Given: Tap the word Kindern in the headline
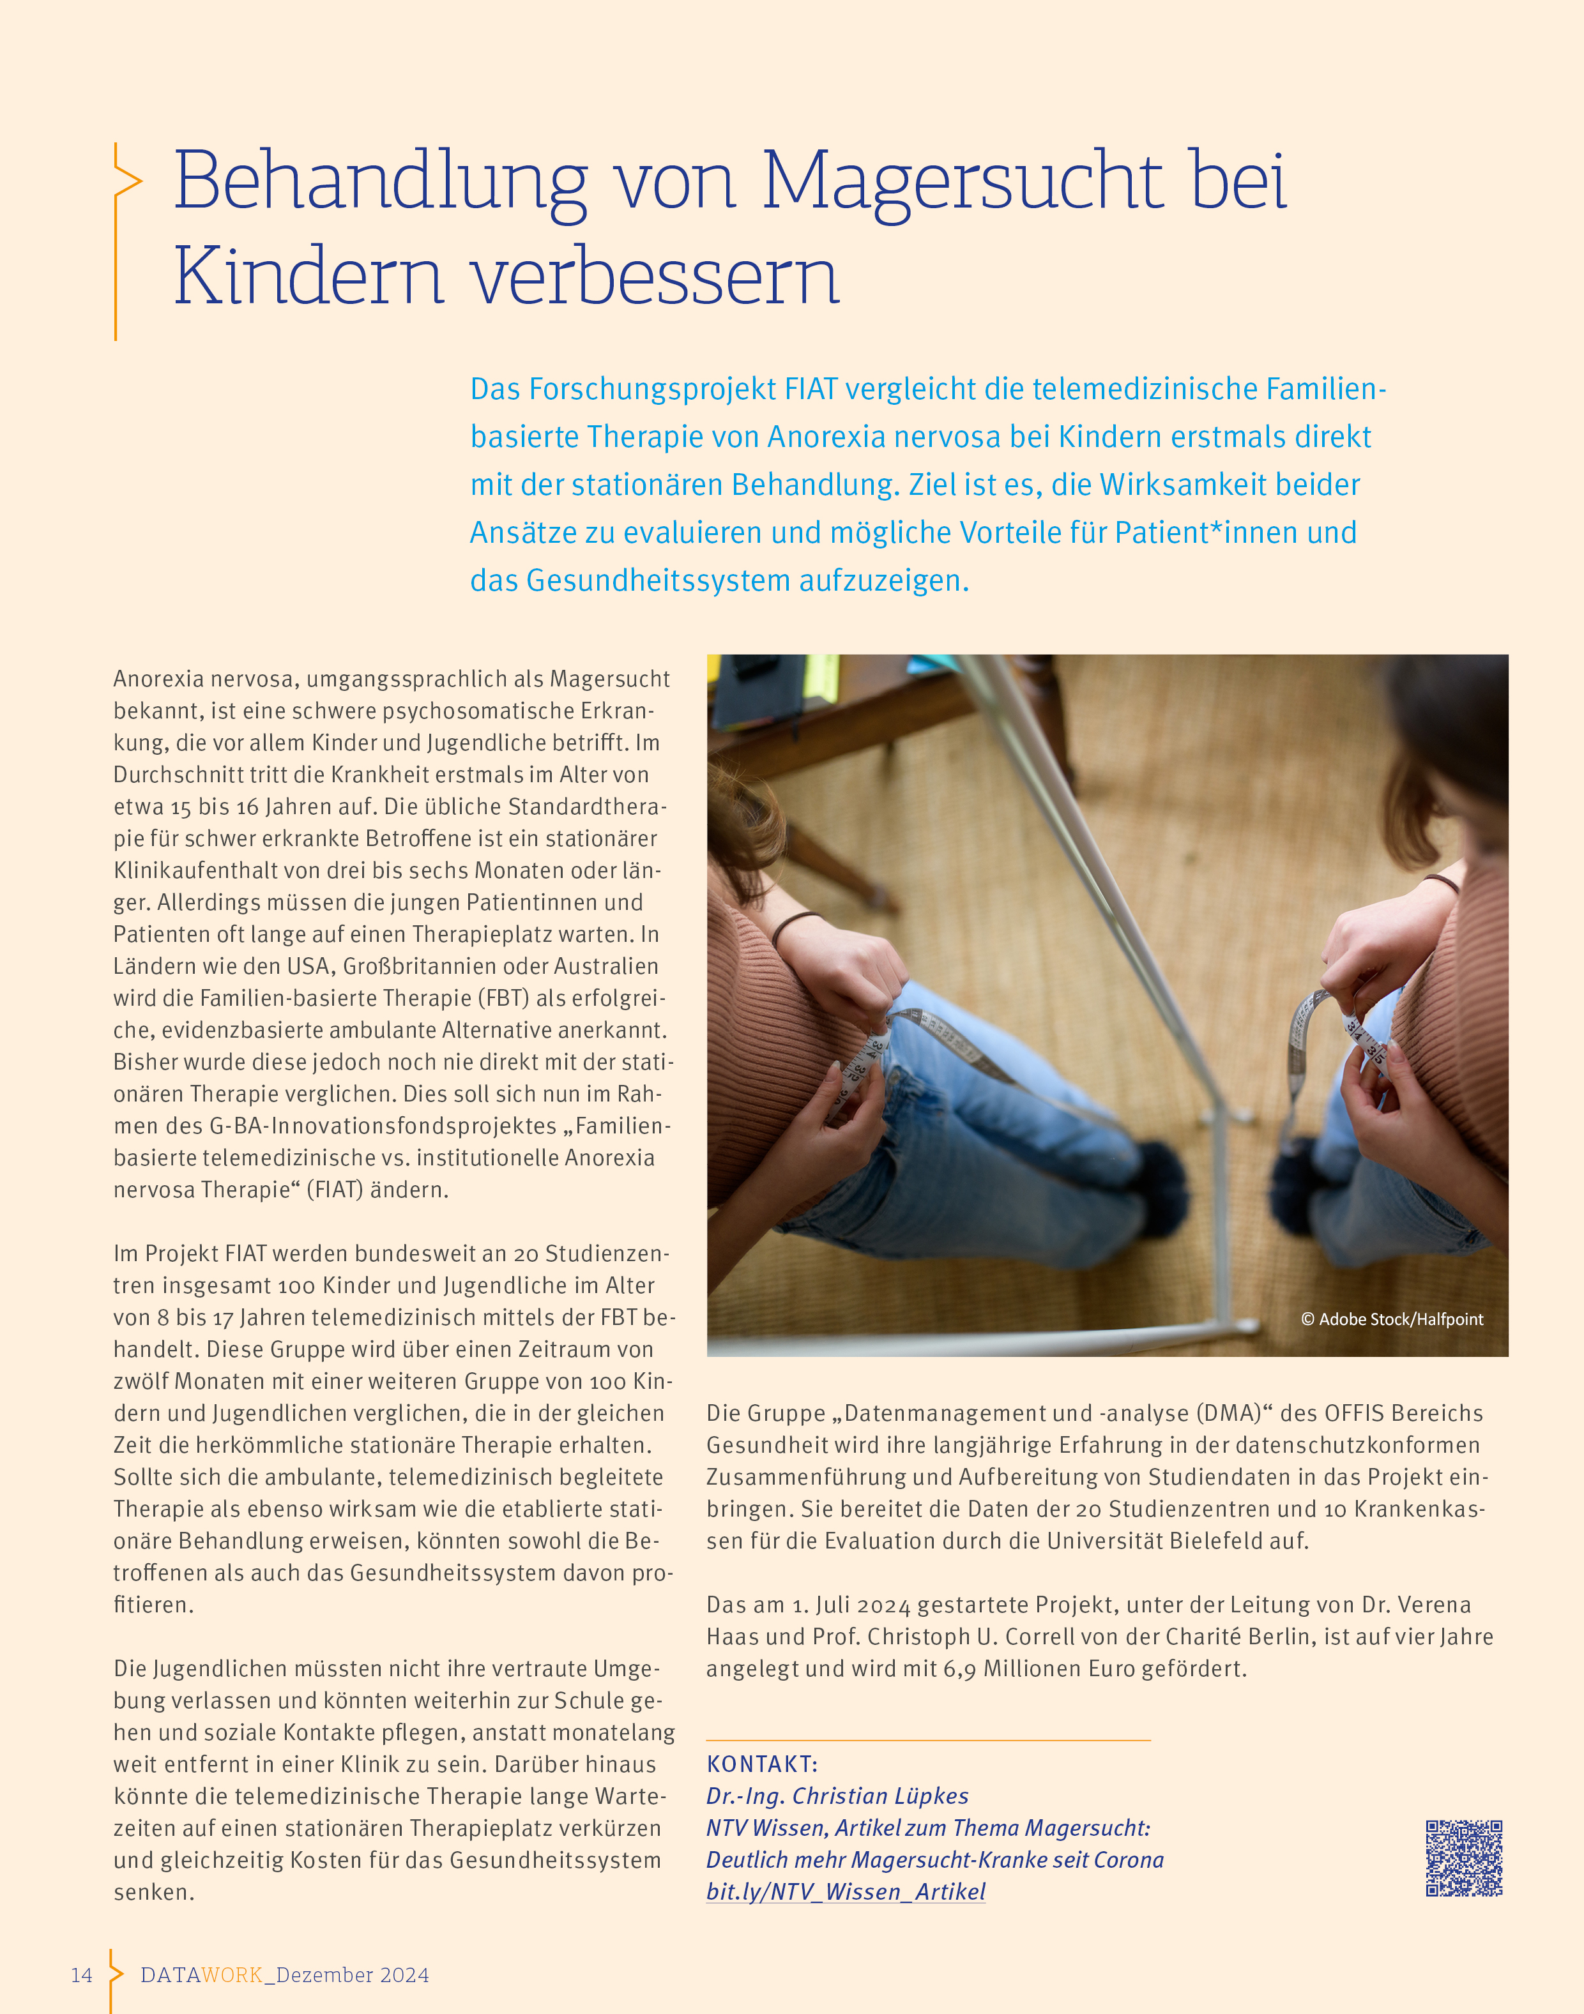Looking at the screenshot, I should click(309, 276).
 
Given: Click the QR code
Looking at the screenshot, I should click(1463, 1858).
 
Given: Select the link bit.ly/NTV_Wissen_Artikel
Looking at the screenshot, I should click(845, 1891).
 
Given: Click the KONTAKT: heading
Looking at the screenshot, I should click(761, 1764).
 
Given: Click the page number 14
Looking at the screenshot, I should click(82, 1974).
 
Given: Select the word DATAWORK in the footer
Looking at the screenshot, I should click(201, 1974).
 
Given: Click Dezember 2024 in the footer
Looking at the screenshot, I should click(353, 1974).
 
